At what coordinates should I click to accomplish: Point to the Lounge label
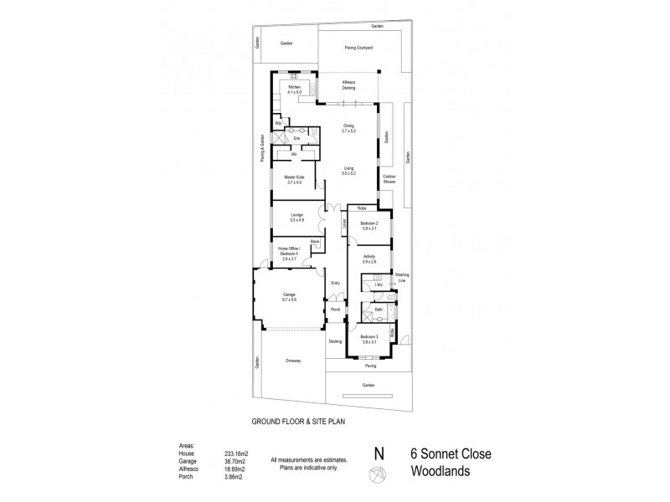tap(296, 218)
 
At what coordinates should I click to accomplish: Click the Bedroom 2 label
tap(369, 224)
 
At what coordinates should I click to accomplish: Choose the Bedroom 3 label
tap(369, 339)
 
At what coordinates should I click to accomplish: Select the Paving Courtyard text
tap(358, 47)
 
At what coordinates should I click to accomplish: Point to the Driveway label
tap(291, 361)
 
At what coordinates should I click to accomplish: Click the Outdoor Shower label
tap(390, 179)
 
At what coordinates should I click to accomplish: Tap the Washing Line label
tap(402, 277)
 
